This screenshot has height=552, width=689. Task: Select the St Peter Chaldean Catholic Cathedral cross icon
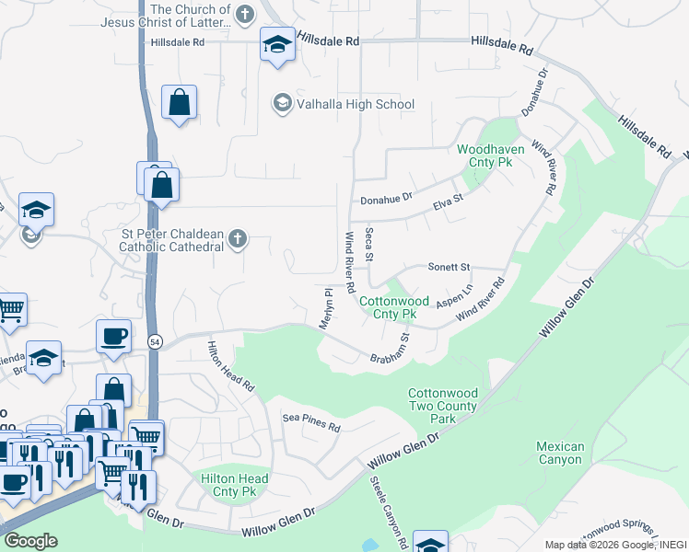point(238,240)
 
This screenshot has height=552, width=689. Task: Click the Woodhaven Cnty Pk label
point(485,155)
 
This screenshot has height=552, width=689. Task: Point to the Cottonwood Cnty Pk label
point(394,307)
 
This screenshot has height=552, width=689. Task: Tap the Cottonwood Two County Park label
point(444,406)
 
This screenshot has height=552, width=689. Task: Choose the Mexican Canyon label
point(560,454)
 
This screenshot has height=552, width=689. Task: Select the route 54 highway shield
point(153,341)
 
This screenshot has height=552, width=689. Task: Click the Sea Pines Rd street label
point(311,422)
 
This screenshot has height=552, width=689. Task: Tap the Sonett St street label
point(449,267)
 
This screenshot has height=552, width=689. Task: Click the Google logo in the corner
point(30,541)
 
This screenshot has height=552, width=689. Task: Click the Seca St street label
point(368,244)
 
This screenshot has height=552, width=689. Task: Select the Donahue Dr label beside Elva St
point(386,198)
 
